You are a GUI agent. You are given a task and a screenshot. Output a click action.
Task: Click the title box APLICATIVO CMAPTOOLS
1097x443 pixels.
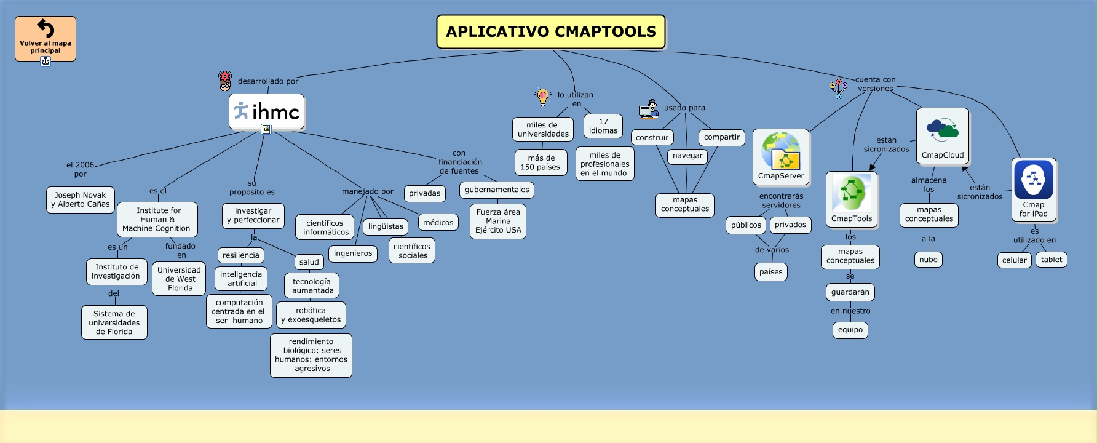[x=551, y=32]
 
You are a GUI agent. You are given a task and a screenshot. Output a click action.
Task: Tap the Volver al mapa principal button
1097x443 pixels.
[x=46, y=39]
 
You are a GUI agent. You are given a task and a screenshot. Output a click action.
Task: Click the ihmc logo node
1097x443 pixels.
[x=267, y=111]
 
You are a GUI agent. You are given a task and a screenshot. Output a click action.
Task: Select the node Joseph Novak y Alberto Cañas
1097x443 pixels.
[x=81, y=200]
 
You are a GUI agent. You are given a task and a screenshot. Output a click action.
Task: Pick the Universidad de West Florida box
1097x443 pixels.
[x=179, y=279]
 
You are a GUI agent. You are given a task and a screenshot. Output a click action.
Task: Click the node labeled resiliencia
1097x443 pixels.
[x=241, y=255]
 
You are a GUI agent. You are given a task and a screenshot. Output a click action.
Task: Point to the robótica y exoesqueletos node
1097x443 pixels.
[x=311, y=315]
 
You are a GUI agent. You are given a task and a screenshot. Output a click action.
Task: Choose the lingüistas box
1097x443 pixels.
[x=386, y=226]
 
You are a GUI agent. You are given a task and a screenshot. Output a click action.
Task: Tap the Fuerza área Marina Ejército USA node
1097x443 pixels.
[x=498, y=221]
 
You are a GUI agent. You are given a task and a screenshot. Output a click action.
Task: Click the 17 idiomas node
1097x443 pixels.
[x=603, y=126]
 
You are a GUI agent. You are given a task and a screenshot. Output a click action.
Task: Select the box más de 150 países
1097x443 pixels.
[x=541, y=162]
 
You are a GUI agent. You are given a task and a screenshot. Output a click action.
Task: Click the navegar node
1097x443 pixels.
[x=687, y=156]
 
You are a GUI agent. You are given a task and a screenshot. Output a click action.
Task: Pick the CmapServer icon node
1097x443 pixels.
[x=781, y=157]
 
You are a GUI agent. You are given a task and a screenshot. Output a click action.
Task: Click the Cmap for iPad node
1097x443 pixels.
[x=1034, y=190]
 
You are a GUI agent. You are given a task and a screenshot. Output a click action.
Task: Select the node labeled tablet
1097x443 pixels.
[x=1051, y=260]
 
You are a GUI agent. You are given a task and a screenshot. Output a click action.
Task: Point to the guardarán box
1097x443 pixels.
[x=850, y=292]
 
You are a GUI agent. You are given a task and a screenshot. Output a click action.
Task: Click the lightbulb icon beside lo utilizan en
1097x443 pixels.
[x=542, y=96]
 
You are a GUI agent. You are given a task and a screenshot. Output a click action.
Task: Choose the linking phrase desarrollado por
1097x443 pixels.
[x=268, y=81]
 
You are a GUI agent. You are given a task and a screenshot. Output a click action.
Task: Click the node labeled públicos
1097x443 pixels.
[x=746, y=225]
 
